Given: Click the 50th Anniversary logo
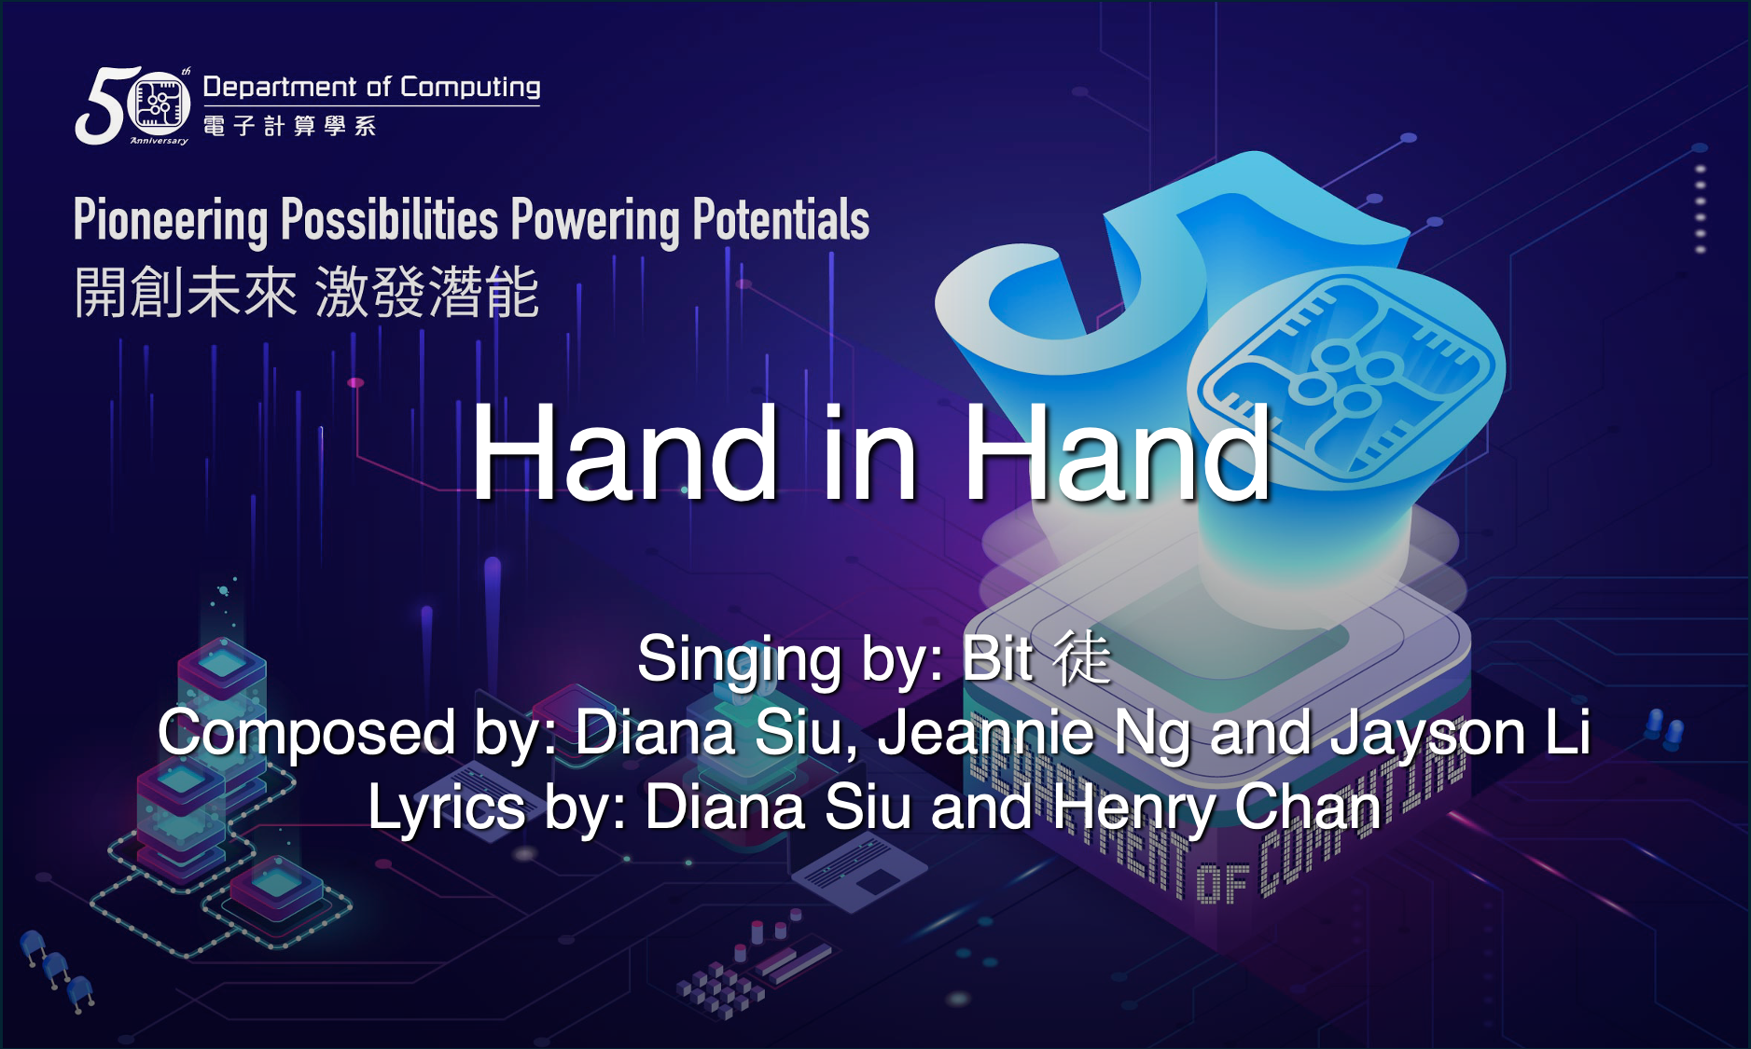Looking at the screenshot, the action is (133, 105).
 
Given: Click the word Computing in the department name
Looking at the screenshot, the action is (470, 88).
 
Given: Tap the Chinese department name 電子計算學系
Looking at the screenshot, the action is (290, 126).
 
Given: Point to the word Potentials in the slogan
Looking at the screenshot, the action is (781, 219).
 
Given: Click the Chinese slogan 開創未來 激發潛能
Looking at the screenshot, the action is (307, 292).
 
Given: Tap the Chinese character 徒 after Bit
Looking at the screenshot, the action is (1083, 656).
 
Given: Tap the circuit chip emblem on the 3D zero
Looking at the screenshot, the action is (1344, 377).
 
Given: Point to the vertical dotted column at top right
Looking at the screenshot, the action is (1701, 209).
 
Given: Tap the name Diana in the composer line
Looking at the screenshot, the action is (655, 732).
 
